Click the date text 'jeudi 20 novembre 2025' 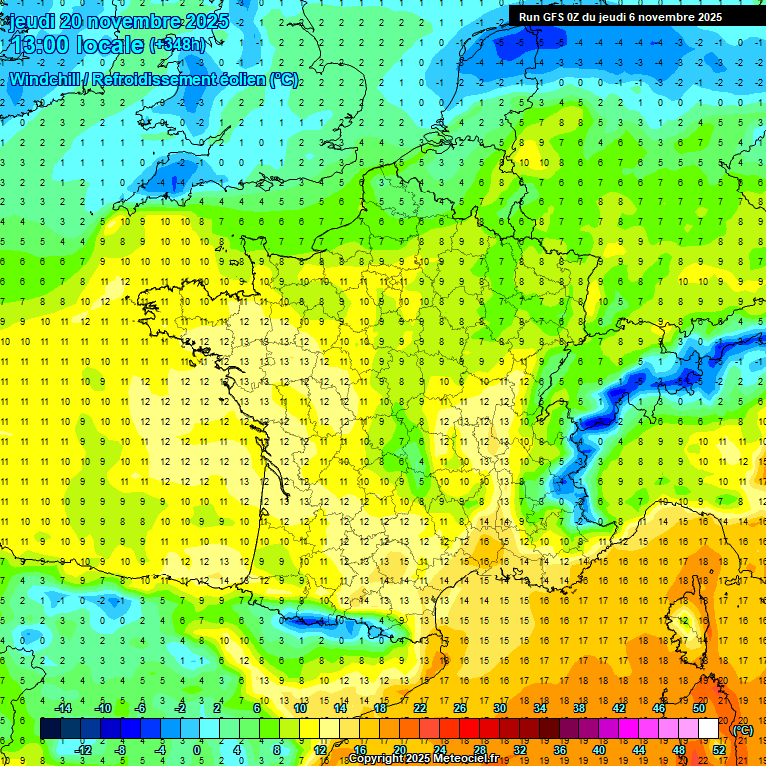coord(118,21)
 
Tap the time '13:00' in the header coord(40,45)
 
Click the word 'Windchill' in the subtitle coord(42,80)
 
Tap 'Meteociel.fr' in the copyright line coord(466,759)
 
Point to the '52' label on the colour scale coord(719,749)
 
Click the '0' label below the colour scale coord(197,749)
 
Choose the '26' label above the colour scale coord(460,708)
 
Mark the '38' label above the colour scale coord(579,708)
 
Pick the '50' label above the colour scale coord(699,708)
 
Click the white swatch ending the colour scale coord(708,729)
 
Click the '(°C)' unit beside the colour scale coord(742,730)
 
